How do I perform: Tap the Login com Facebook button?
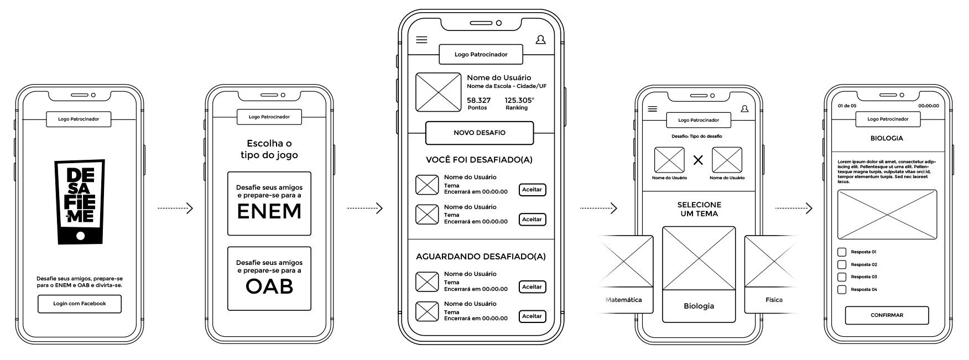click(x=80, y=304)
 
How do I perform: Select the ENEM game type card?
click(x=269, y=204)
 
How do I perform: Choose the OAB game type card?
click(x=269, y=278)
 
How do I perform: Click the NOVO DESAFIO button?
click(x=480, y=133)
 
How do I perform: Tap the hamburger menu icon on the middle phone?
click(x=421, y=40)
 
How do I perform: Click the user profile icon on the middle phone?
click(x=540, y=40)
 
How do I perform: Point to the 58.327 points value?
click(x=478, y=101)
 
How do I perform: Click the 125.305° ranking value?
click(x=519, y=101)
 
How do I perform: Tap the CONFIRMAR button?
click(x=887, y=315)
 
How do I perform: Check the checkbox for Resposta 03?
click(x=842, y=277)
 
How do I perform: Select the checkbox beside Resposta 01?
click(x=842, y=252)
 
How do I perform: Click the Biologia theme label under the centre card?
click(x=699, y=306)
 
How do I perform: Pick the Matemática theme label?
click(x=624, y=300)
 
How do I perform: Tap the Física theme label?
click(x=774, y=300)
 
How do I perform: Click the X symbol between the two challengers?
click(x=699, y=160)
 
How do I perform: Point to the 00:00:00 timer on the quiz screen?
click(x=929, y=106)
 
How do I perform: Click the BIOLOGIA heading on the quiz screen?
click(x=887, y=138)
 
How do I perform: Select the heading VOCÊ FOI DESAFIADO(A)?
click(x=479, y=160)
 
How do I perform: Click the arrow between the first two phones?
click(x=175, y=208)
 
